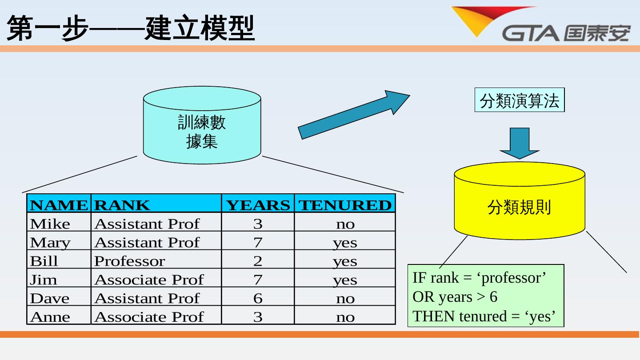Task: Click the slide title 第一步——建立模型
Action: pyautogui.click(x=131, y=28)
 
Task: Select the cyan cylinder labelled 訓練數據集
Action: pyautogui.click(x=202, y=125)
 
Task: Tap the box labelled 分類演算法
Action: pyautogui.click(x=519, y=100)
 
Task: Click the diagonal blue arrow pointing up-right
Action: pyautogui.click(x=353, y=114)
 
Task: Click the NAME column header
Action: pyautogui.click(x=59, y=205)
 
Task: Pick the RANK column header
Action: pyautogui.click(x=122, y=205)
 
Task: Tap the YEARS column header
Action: pyautogui.click(x=258, y=205)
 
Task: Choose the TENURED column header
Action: pyautogui.click(x=345, y=205)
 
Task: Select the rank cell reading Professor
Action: pyautogui.click(x=129, y=261)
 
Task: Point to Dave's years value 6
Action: pyautogui.click(x=258, y=298)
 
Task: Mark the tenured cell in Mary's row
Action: pyautogui.click(x=345, y=243)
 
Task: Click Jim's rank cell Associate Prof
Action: pyautogui.click(x=149, y=280)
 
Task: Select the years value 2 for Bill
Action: pyautogui.click(x=258, y=261)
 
